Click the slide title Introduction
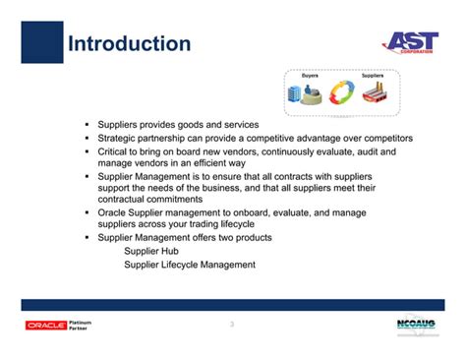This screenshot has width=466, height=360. click(x=128, y=44)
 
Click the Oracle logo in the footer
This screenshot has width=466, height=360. click(x=46, y=326)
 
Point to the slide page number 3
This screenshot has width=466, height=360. click(x=231, y=325)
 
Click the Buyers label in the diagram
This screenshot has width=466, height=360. click(x=311, y=76)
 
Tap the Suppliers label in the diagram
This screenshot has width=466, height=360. click(x=373, y=76)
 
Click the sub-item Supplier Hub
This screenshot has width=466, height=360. click(x=150, y=252)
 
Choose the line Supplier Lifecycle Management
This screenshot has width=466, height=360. click(x=189, y=265)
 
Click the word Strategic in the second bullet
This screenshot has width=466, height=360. click(x=118, y=139)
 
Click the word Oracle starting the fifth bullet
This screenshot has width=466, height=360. click(x=113, y=210)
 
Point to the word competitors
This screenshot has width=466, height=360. click(x=386, y=139)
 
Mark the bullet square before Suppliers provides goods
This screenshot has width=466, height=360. click(x=87, y=125)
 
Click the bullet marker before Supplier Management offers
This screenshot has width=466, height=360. click(x=87, y=238)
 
